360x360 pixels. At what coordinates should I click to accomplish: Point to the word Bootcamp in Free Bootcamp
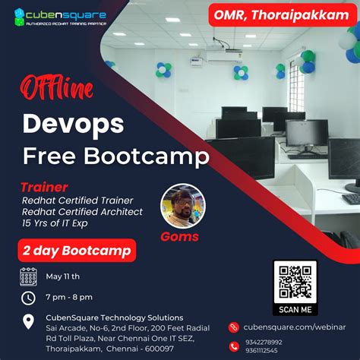pyautogui.click(x=162, y=156)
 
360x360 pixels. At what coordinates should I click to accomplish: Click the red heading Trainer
pyautogui.click(x=43, y=186)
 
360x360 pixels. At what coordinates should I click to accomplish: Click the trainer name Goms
pyautogui.click(x=179, y=237)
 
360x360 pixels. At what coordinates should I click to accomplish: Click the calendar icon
pyautogui.click(x=28, y=276)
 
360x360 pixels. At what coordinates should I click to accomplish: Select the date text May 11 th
pyautogui.click(x=62, y=276)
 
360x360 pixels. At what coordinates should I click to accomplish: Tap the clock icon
pyautogui.click(x=28, y=298)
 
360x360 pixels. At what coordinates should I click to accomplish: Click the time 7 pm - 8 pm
pyautogui.click(x=68, y=298)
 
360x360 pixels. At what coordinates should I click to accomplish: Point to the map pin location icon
pyautogui.click(x=28, y=321)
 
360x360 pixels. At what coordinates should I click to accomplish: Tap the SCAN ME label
pyautogui.click(x=295, y=310)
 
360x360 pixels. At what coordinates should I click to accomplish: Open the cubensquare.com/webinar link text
pyautogui.click(x=293, y=327)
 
